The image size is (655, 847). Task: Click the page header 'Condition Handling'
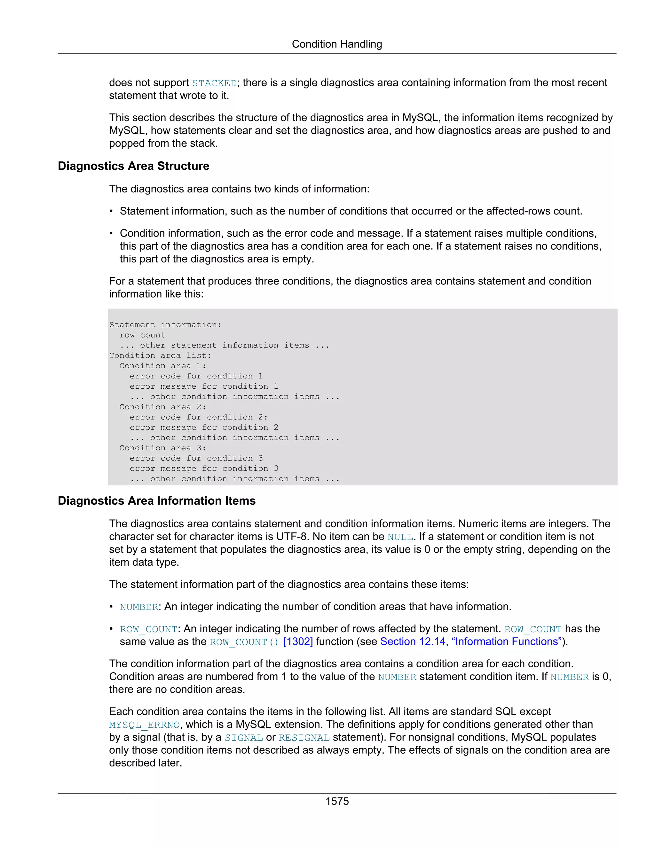337,44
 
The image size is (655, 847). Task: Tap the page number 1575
337,801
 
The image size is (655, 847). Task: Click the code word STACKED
214,83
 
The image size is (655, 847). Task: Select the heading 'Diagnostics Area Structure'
133,166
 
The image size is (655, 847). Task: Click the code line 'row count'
142,335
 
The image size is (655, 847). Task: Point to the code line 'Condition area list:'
160,356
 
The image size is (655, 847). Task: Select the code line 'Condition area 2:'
162,407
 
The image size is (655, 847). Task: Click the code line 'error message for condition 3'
204,469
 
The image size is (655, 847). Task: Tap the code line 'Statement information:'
165,325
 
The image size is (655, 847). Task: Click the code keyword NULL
400,537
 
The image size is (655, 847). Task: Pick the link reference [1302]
298,642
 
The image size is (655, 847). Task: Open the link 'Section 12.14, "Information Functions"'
471,642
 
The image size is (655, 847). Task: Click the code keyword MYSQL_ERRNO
144,725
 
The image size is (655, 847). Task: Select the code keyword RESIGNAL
304,738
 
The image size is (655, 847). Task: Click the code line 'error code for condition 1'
196,376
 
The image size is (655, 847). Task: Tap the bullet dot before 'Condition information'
111,233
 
